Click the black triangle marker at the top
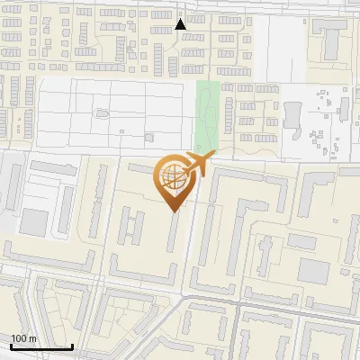181,24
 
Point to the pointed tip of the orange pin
175,212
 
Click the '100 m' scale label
23,338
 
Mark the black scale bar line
41,346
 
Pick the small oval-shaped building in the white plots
101,113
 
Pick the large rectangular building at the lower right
315,269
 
